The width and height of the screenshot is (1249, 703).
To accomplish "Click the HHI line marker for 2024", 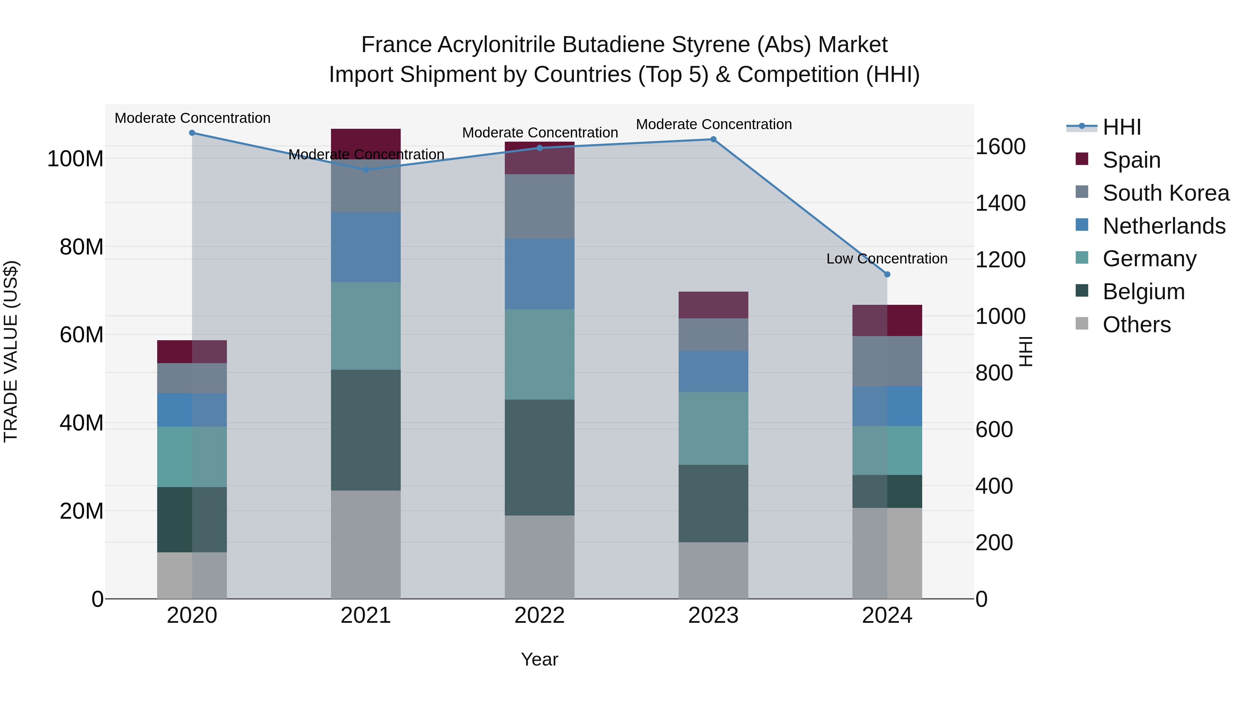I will (x=887, y=274).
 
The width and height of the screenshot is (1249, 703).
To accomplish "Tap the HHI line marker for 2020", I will (x=192, y=133).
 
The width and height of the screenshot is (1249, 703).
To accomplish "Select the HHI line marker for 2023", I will (x=713, y=139).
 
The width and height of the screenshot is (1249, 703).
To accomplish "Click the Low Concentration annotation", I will (x=886, y=259).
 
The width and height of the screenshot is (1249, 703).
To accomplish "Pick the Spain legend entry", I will (x=1131, y=160).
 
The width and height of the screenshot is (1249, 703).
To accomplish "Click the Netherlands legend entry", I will (x=1164, y=226).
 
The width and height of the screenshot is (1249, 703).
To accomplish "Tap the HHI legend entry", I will (x=1121, y=127).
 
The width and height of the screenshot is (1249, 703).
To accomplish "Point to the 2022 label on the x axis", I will (x=539, y=616).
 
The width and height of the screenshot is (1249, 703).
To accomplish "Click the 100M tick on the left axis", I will (x=75, y=159).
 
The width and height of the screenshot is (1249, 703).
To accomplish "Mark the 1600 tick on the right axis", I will (x=1000, y=147).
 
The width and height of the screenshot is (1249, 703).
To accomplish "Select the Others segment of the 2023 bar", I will (x=713, y=570).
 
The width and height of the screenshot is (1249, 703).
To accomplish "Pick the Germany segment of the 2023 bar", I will (x=713, y=428).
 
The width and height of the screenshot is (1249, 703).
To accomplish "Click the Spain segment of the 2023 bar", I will (x=713, y=305).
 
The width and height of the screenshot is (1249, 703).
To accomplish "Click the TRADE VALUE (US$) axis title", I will (x=11, y=351).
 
